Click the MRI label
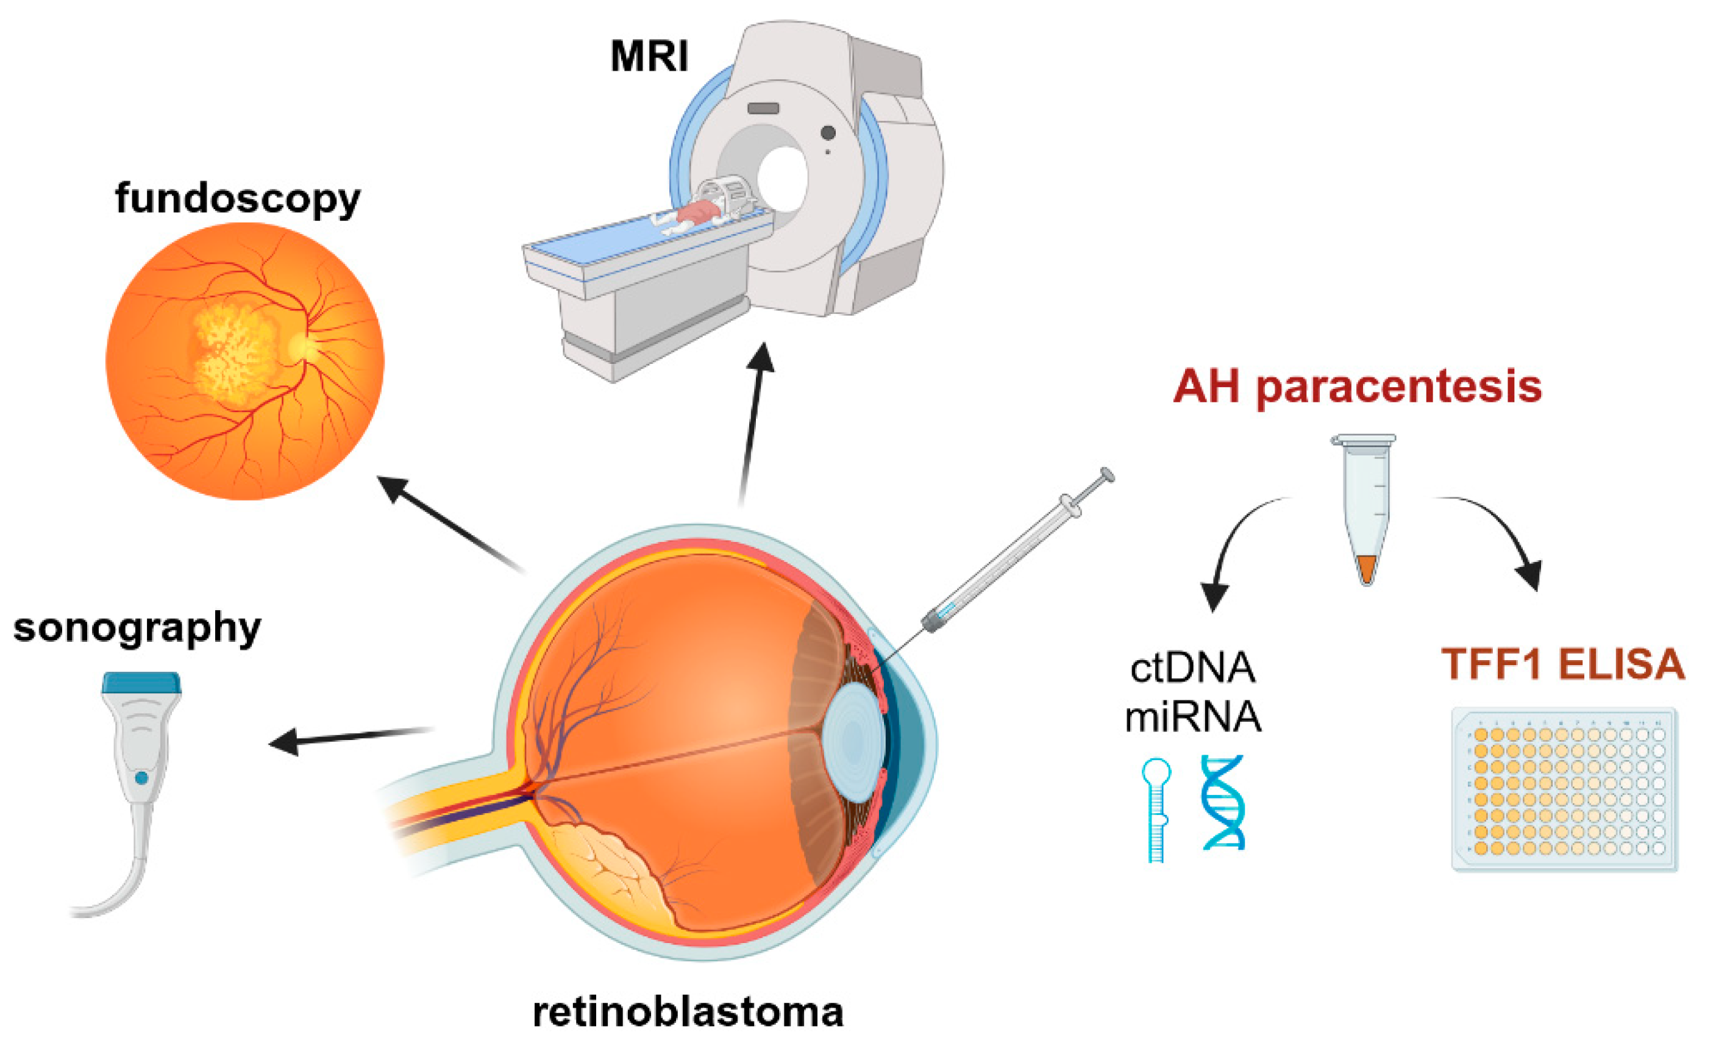[x=649, y=55]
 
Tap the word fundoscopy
[x=238, y=199]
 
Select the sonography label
[x=137, y=627]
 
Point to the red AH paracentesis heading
[x=1358, y=387]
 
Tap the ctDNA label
[x=1192, y=669]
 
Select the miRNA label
[x=1193, y=716]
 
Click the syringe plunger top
[x=1106, y=475]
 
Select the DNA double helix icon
[x=1223, y=802]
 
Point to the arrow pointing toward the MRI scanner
[x=753, y=425]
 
